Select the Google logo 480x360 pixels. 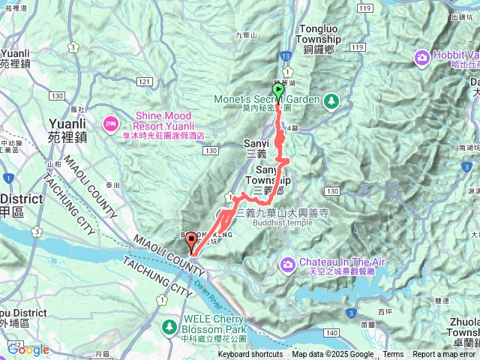coord(28,349)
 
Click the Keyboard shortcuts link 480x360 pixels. coord(250,355)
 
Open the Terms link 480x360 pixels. coord(393,355)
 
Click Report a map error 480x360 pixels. coord(444,355)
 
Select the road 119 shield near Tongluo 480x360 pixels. coord(364,7)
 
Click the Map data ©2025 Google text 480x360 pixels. coord(332,355)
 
